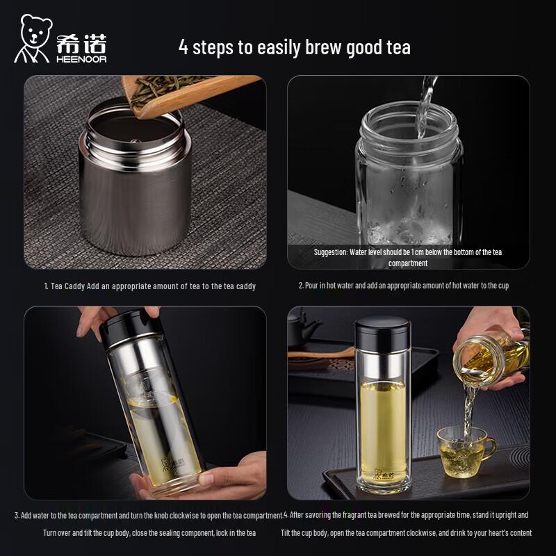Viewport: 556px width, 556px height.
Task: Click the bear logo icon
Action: pyautogui.click(x=33, y=38)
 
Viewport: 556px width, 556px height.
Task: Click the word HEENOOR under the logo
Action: pyautogui.click(x=81, y=58)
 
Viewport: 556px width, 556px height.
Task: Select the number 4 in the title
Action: pyautogui.click(x=183, y=47)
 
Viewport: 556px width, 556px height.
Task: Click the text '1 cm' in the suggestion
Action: pyautogui.click(x=427, y=252)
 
